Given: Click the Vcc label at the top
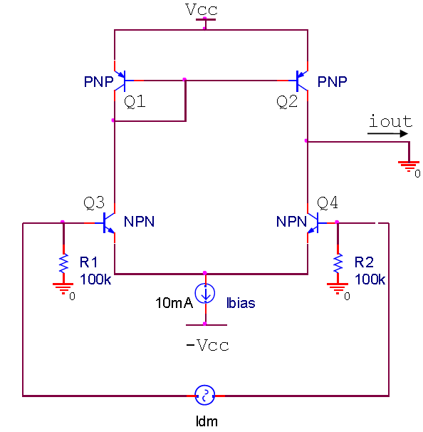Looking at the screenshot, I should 201,9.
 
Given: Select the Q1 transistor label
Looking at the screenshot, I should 135,102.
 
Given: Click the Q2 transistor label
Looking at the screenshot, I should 287,102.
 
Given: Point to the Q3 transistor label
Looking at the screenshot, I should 95,203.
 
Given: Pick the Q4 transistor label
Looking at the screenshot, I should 327,203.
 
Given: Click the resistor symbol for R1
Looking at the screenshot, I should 63,261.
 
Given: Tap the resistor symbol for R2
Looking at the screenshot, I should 338,261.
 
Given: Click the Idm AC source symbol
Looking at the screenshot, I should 205,394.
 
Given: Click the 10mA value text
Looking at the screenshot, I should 174,303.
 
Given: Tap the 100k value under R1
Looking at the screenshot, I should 95,279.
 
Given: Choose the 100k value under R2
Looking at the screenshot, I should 370,279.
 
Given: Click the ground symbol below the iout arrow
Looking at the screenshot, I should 409,167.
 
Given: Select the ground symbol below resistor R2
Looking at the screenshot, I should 338,288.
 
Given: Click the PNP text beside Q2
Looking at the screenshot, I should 333,81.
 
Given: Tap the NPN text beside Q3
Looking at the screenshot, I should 139,222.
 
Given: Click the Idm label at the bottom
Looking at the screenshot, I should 206,421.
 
